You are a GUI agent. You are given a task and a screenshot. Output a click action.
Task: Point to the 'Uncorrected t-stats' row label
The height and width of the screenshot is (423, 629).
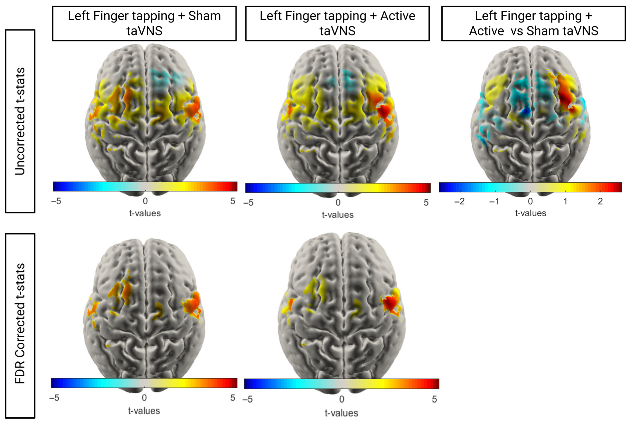(20, 121)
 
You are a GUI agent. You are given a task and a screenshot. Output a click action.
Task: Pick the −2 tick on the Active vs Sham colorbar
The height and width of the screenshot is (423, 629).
(459, 201)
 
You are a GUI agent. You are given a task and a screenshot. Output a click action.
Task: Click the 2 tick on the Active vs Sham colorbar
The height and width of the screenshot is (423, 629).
(600, 201)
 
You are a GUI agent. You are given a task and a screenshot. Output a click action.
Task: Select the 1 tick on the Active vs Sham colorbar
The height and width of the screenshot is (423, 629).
(565, 201)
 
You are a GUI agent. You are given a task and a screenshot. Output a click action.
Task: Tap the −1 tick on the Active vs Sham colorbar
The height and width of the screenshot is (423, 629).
(494, 201)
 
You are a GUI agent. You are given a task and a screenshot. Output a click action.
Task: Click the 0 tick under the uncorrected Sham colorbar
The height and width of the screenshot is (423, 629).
(145, 201)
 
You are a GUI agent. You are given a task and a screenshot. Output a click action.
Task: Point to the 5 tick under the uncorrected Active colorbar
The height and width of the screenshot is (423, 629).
(426, 203)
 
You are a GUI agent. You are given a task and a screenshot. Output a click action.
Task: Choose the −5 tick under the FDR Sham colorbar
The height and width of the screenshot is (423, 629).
(54, 398)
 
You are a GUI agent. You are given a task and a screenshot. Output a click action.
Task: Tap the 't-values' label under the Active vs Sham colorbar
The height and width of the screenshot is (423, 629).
(530, 213)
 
